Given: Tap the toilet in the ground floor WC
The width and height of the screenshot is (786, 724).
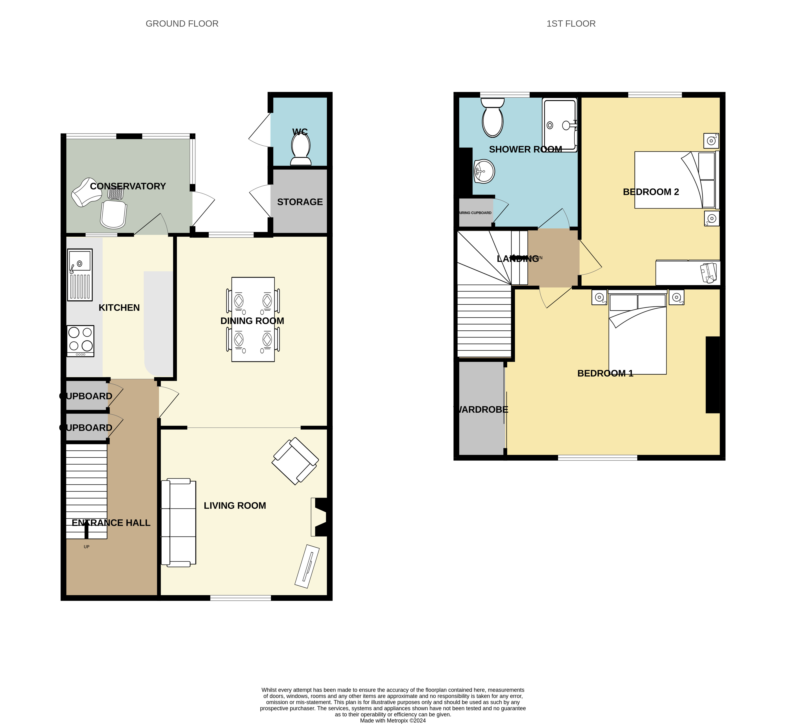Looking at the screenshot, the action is pos(301,149).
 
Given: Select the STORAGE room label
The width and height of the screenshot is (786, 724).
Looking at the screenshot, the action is pos(300,202).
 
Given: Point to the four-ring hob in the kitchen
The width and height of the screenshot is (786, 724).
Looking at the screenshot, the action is pos(80,341).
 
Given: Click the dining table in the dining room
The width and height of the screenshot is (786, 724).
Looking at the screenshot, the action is pos(253,319).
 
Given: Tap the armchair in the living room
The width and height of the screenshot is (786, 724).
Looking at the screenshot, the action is pos(295,461).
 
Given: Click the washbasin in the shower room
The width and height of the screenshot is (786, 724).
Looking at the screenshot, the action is pos(484,171).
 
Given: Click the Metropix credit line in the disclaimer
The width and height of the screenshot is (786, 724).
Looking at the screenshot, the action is pos(393,720).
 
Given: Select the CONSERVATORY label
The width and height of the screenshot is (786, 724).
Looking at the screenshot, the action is pos(128,186).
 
